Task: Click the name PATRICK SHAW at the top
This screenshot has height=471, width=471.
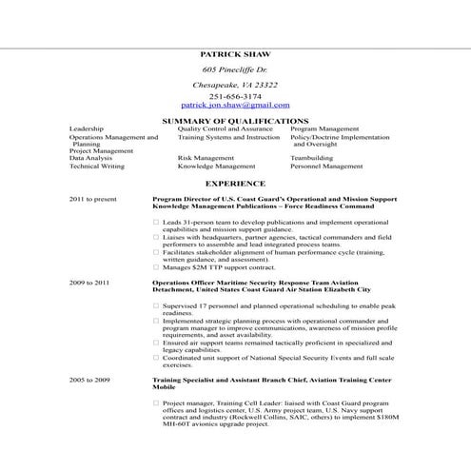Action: pos(235,55)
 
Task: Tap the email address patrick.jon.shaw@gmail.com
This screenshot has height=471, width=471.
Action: pos(235,105)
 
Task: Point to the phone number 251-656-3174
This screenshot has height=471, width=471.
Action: pos(235,96)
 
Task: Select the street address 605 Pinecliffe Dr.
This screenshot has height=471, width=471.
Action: pos(235,70)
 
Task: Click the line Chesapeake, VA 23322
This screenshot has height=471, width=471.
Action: pos(235,85)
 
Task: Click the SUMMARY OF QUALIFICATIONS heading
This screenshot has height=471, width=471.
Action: pos(235,121)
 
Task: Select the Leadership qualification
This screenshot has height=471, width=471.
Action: pos(87,128)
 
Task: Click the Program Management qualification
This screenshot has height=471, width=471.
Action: pos(324,128)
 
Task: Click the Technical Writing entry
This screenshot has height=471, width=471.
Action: pos(97,166)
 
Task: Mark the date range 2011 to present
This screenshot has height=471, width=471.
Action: pos(93,199)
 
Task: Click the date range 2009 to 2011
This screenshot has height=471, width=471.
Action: pos(89,283)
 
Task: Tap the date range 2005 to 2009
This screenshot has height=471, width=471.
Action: pos(89,380)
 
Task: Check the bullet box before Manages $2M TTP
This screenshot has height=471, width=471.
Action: pos(156,267)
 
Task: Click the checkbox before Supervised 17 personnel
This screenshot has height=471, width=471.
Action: pos(156,305)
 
